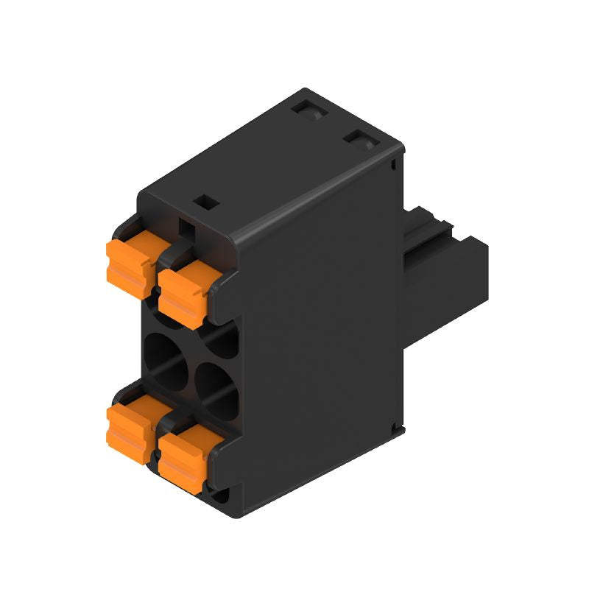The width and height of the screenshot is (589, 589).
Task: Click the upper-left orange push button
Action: tap(129, 261)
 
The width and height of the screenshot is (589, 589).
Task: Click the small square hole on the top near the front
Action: tap(205, 200)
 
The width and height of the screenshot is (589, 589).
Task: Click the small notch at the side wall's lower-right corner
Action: tap(398, 426)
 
